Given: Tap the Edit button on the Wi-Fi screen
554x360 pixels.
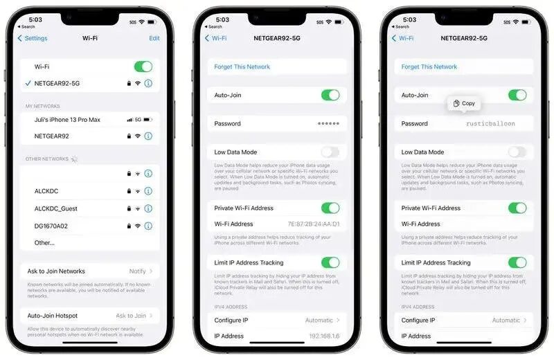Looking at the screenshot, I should (154, 38).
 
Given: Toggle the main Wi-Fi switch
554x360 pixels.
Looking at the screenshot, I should (143, 66).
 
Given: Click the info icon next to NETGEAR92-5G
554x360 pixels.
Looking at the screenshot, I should (148, 83).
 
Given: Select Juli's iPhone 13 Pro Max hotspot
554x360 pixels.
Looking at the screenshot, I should (67, 120).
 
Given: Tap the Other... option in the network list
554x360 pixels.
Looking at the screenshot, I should (44, 243).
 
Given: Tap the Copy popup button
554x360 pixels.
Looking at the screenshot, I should (464, 103).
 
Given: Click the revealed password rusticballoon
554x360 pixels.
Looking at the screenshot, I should (490, 124).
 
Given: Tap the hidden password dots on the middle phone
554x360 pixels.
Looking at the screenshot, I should (328, 124).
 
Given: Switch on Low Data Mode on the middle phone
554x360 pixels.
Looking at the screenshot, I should (330, 152).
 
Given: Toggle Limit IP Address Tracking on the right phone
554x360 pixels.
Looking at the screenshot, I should (517, 263).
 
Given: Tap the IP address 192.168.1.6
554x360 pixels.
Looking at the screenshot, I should (324, 336).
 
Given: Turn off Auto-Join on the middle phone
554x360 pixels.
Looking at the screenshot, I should (330, 95).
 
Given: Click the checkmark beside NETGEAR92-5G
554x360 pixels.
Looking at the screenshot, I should (27, 83).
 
